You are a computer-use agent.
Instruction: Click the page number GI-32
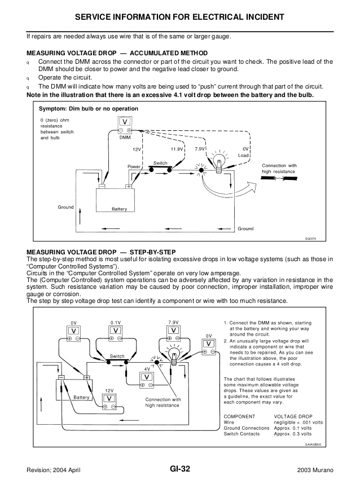pyautogui.click(x=180, y=469)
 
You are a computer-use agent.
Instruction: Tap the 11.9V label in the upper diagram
pyautogui.click(x=177, y=149)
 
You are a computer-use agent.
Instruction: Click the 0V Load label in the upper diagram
pyautogui.click(x=244, y=152)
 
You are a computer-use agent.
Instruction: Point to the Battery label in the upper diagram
pyautogui.click(x=119, y=209)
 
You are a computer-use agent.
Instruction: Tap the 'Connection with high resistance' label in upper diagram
pyautogui.click(x=279, y=168)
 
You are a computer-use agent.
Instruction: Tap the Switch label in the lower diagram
pyautogui.click(x=117, y=356)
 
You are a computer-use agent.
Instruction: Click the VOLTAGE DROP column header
pyautogui.click(x=293, y=416)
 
